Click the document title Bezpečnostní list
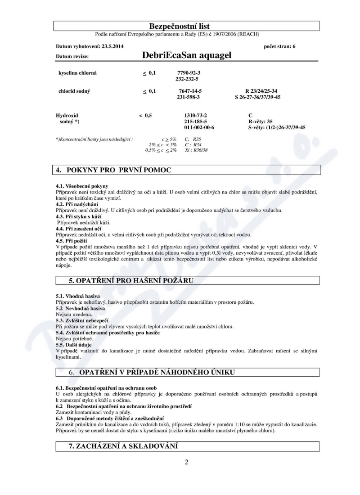pos(186,27)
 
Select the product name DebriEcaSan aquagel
pos(186,56)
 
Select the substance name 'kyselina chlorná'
pos(77,72)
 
